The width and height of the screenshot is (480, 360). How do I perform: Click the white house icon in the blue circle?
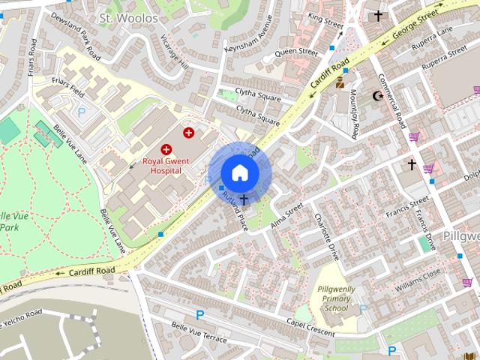(239, 172)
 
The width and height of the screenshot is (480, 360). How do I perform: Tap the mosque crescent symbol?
(377, 96)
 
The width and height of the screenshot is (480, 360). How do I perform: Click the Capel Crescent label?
(310, 322)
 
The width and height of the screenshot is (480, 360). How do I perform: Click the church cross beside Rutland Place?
(244, 199)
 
